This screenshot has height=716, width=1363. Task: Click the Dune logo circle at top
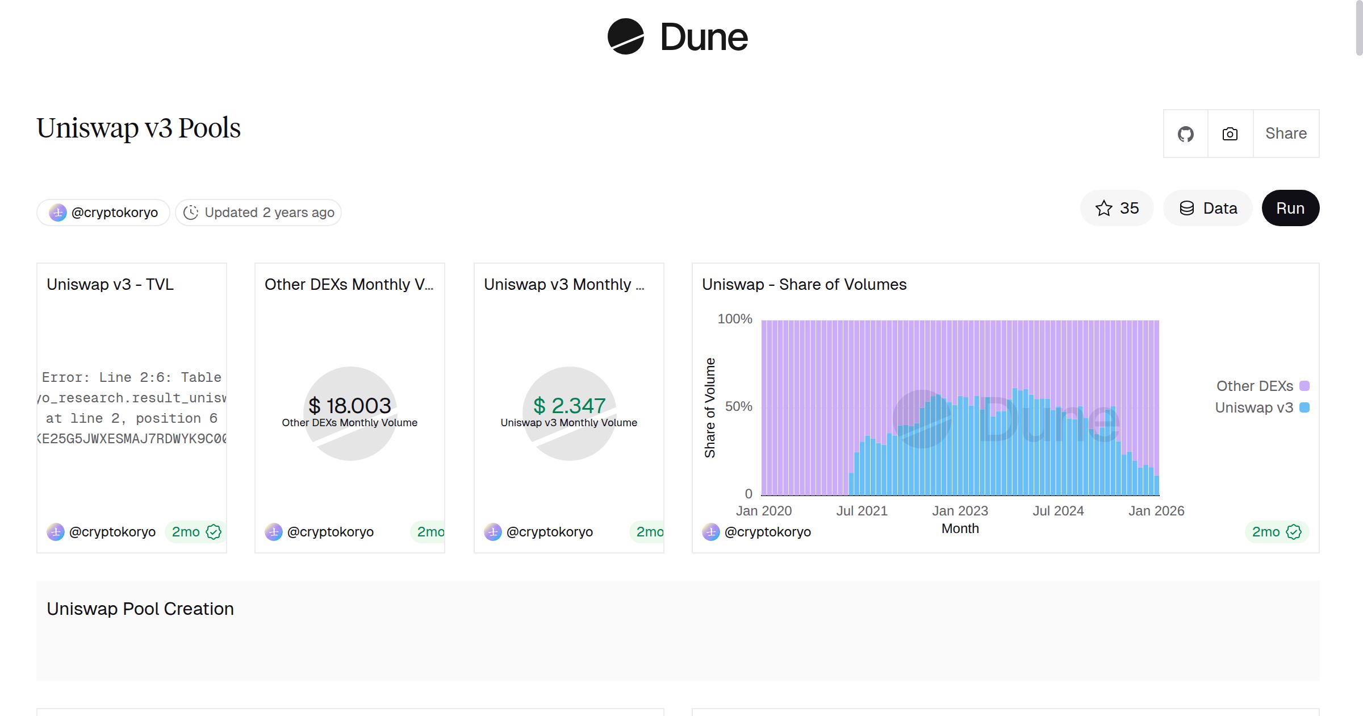point(625,37)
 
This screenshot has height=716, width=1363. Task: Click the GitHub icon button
point(1185,134)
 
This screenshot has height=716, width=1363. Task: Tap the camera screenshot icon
point(1230,134)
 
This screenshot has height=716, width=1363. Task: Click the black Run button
point(1290,209)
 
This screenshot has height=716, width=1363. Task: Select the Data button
point(1208,209)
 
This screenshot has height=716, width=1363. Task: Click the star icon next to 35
point(1103,209)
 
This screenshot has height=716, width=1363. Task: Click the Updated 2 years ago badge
point(258,213)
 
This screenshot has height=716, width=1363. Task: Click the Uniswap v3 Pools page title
point(139,128)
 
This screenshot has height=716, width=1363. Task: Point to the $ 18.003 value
point(350,406)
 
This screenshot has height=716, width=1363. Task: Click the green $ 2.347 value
point(569,406)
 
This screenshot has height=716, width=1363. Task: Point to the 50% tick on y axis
point(738,407)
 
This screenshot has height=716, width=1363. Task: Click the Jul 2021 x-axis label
point(862,511)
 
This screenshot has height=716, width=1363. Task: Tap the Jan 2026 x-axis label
point(1156,511)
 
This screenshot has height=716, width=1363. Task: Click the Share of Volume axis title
point(710,408)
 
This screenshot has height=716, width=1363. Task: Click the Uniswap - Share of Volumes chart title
point(804,285)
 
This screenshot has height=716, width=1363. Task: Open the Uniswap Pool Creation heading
point(140,609)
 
